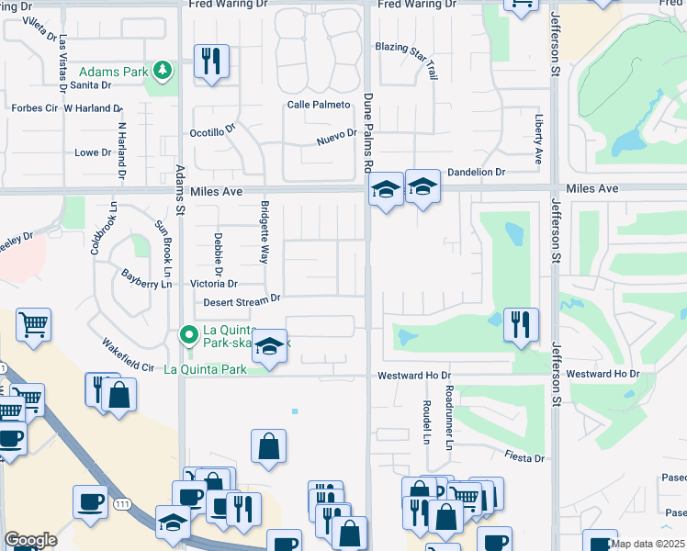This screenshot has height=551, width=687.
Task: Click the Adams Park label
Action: (112, 71)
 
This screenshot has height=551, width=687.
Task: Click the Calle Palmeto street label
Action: (319, 105)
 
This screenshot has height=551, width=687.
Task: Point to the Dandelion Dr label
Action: (476, 172)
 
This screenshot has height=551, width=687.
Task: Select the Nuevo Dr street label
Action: (336, 136)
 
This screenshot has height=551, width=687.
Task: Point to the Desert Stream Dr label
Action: (236, 299)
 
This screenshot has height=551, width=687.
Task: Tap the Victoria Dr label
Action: (213, 285)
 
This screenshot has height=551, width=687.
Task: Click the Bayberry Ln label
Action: (147, 279)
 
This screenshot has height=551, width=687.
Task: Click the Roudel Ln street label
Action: (427, 422)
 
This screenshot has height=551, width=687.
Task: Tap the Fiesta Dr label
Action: (524, 457)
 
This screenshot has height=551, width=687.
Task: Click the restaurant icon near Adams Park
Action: (211, 62)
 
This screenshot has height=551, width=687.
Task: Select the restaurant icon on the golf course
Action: (521, 323)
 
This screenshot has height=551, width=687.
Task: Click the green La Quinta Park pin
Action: (190, 334)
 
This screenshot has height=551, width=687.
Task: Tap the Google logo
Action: (31, 540)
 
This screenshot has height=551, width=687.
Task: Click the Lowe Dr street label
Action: (92, 152)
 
